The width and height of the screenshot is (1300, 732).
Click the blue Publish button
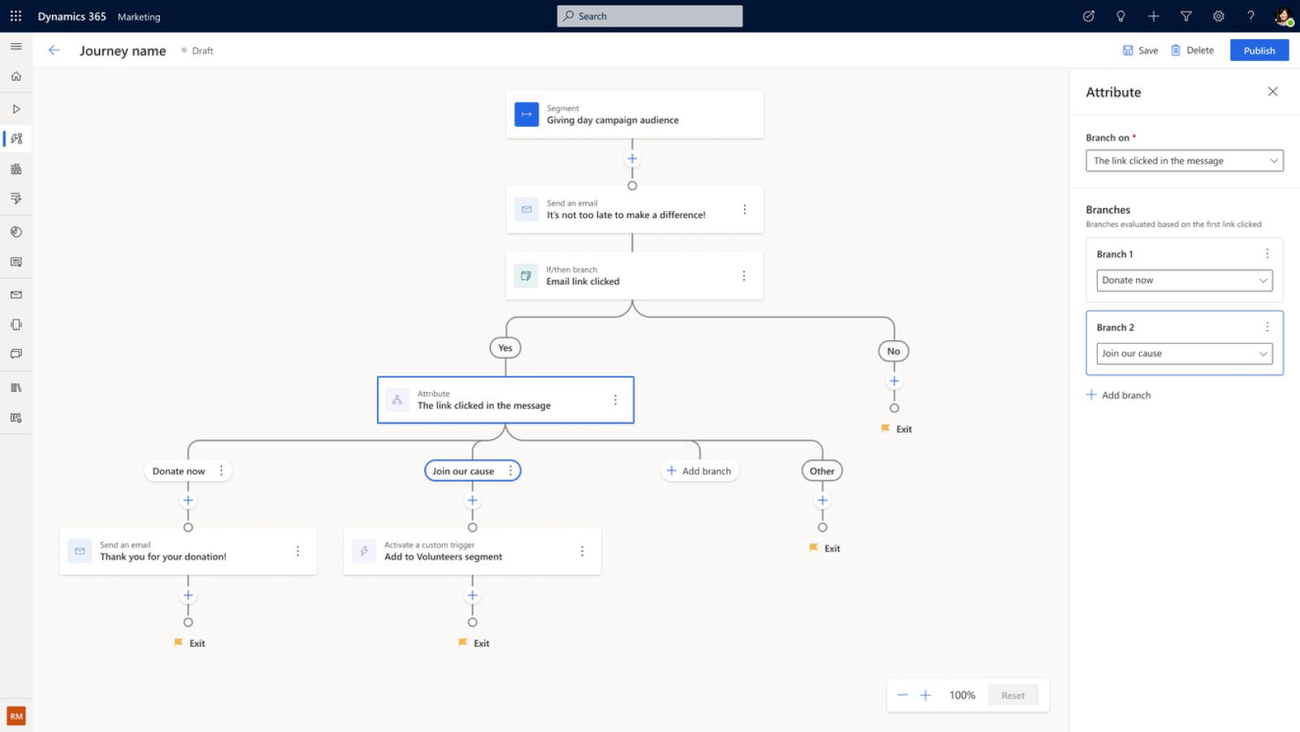[1259, 50]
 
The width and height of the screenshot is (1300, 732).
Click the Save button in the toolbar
[1140, 50]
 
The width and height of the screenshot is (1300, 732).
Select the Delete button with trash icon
[1192, 50]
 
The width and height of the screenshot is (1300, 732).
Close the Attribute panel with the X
[1272, 92]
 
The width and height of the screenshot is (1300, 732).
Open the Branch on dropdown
[1184, 160]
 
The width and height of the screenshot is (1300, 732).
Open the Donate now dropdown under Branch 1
[1184, 280]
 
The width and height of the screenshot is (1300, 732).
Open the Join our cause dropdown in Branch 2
[1184, 353]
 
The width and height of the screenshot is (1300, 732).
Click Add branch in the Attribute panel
[1118, 395]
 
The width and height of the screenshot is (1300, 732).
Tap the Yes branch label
[505, 348]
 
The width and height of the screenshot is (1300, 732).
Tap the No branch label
[893, 351]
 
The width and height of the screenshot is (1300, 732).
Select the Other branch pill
[821, 471]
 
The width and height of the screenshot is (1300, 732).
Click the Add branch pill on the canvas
[699, 471]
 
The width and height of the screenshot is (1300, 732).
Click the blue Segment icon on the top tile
[526, 115]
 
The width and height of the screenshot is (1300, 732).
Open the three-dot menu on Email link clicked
[743, 276]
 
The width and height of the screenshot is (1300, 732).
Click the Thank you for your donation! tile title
[163, 556]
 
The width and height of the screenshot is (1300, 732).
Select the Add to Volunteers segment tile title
[443, 556]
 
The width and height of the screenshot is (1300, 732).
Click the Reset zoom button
[1012, 695]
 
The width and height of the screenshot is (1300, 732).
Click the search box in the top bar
[649, 16]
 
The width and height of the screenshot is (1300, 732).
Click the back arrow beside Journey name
[54, 50]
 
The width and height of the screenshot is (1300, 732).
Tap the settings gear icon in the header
[1218, 16]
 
